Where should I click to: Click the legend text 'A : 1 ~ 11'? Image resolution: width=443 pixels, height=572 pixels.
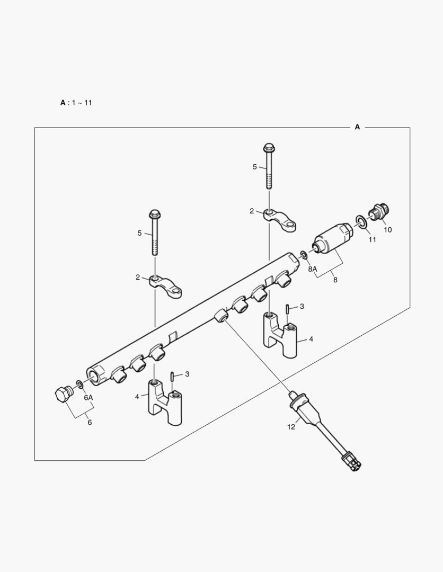click(x=76, y=102)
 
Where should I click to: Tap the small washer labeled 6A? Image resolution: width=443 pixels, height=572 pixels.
click(x=79, y=383)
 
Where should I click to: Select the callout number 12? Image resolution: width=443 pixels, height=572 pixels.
click(x=291, y=427)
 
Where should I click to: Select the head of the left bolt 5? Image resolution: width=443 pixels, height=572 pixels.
click(x=155, y=215)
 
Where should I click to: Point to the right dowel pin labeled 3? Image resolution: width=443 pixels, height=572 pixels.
click(x=287, y=309)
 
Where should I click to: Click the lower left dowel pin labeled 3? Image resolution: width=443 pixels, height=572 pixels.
click(x=173, y=377)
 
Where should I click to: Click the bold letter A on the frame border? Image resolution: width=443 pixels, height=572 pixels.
click(x=357, y=127)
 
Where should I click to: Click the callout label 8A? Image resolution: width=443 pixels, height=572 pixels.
click(x=312, y=269)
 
